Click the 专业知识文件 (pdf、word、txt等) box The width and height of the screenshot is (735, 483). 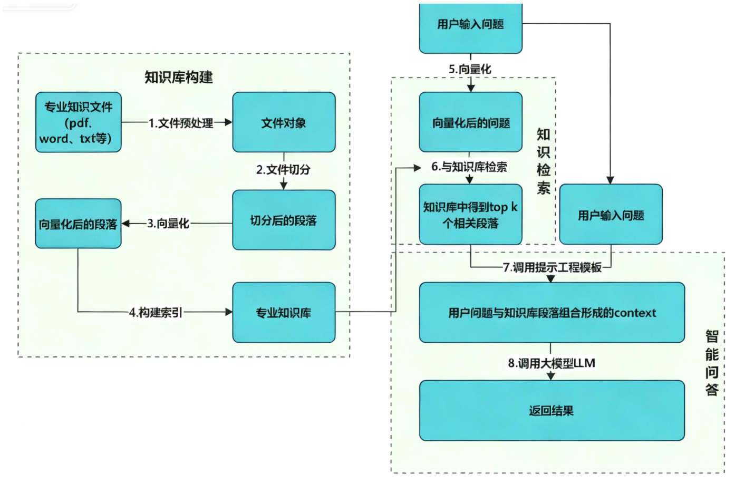tap(78, 122)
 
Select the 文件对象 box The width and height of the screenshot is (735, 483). tap(284, 122)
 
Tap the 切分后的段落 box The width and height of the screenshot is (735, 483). tap(284, 220)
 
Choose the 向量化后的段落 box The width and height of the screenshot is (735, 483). tap(78, 224)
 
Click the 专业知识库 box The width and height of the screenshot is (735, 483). tap(284, 312)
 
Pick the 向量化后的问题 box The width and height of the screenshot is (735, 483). tap(470, 122)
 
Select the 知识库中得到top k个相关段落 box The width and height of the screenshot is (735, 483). tap(470, 214)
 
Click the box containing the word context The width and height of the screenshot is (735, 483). tap(552, 312)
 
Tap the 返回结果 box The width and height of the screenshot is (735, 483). tap(552, 410)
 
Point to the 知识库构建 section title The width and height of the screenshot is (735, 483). tap(179, 77)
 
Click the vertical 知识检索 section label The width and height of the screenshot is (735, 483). tap(544, 161)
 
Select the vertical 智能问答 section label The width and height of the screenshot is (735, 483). tap(712, 363)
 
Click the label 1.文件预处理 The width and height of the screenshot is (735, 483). tap(181, 123)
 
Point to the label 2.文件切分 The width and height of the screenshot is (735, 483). tap(283, 169)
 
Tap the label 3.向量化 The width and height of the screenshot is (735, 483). tap(168, 223)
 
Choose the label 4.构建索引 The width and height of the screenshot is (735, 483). tap(156, 312)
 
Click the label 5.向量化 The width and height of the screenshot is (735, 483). tap(470, 69)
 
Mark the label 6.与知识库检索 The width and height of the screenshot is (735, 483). tap(469, 167)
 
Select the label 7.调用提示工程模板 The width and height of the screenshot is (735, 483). tap(552, 267)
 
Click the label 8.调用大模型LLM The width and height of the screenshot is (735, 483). tap(552, 363)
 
